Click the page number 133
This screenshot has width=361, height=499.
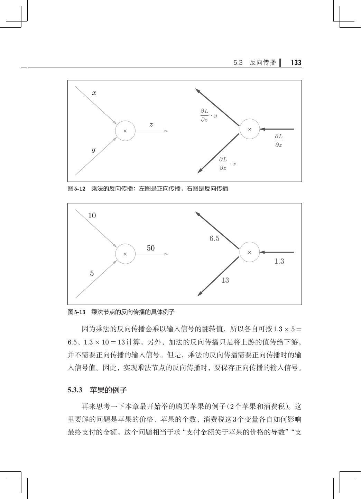click(x=296, y=63)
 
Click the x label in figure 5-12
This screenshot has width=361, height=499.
click(x=94, y=93)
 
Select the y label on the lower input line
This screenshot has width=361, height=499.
click(x=93, y=150)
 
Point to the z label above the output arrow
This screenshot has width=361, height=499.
click(x=151, y=124)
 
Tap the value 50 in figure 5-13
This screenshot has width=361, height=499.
click(x=150, y=248)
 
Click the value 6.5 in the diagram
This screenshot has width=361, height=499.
click(x=214, y=238)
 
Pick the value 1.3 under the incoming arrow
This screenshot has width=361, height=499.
click(x=279, y=261)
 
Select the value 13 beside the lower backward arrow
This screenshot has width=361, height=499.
click(x=225, y=280)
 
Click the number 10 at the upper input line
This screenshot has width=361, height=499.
click(x=92, y=216)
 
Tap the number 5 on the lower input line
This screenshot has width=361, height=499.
click(x=92, y=273)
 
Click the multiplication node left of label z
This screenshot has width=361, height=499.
click(x=125, y=131)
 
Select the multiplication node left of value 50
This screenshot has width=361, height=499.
click(x=125, y=254)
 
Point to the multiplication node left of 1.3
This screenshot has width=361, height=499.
click(x=250, y=252)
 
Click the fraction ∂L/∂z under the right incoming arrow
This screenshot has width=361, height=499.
click(x=279, y=141)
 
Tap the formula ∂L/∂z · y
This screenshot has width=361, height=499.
click(x=209, y=115)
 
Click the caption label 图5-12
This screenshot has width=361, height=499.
click(x=76, y=189)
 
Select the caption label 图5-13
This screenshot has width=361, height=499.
click(x=76, y=312)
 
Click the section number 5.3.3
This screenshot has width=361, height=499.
click(x=75, y=390)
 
